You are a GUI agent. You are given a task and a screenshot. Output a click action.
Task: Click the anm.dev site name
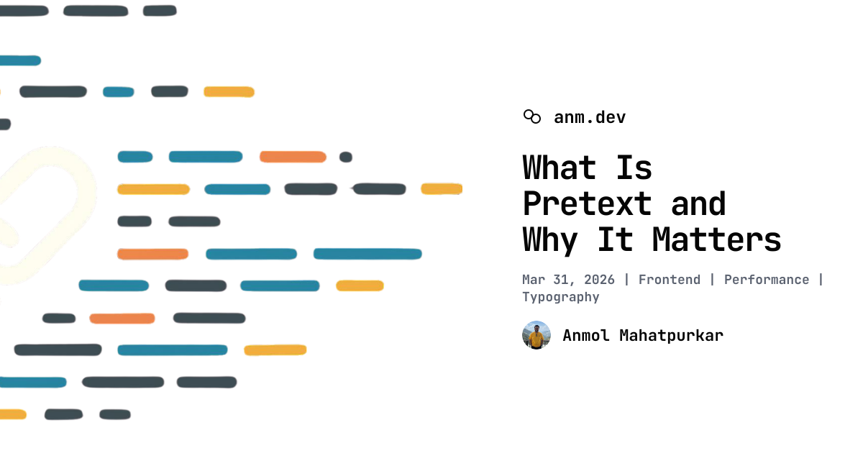tap(590, 117)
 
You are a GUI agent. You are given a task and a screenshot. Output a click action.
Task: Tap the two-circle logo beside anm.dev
tap(532, 116)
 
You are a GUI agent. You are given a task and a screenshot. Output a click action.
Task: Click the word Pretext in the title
tap(587, 203)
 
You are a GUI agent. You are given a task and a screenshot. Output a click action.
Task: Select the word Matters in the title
tap(716, 239)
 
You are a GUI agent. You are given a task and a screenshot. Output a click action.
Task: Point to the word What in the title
tap(559, 168)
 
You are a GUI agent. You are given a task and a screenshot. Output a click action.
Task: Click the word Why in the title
tap(549, 241)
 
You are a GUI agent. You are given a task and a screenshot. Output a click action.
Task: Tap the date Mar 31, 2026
tap(568, 280)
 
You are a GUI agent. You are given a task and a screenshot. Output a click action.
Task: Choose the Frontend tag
tap(670, 280)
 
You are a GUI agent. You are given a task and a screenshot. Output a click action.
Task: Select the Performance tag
tap(767, 280)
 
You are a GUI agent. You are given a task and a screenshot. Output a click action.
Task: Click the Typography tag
tap(560, 297)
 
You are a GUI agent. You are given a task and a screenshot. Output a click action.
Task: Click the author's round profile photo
tap(536, 335)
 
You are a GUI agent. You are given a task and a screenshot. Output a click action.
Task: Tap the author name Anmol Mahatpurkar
tap(643, 336)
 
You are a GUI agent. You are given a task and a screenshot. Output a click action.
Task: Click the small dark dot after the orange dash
tap(346, 157)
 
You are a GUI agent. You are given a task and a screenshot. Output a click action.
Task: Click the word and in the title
tap(698, 203)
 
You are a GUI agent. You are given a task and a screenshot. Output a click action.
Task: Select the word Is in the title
tap(634, 168)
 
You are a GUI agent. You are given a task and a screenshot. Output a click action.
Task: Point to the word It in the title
tap(616, 239)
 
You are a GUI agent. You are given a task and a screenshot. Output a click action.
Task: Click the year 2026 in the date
tap(599, 280)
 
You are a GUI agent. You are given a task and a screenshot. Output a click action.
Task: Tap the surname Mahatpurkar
tap(671, 336)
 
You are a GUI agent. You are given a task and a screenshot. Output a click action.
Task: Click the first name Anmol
tap(585, 336)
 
